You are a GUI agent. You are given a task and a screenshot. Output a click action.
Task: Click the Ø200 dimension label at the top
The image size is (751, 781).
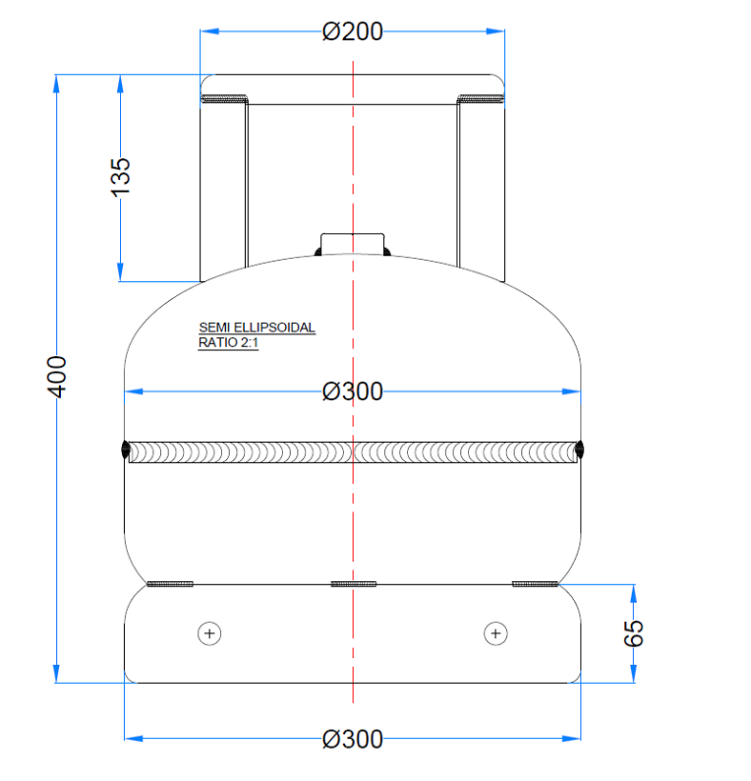353,31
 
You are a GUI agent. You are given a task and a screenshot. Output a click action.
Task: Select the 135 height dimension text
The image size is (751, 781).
121,177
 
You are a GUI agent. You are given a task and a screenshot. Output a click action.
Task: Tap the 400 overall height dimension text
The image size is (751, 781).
57,377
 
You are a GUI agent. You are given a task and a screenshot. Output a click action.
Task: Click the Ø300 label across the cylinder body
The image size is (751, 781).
353,391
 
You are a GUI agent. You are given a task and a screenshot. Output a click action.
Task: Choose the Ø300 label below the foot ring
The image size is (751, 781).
353,739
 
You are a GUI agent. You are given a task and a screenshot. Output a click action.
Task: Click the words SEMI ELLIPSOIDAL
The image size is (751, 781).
256,328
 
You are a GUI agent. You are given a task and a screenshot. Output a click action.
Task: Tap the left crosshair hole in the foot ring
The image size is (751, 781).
210,632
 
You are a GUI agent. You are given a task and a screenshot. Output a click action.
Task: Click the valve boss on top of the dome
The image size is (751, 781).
353,244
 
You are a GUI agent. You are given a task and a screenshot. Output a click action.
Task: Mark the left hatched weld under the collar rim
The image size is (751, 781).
225,98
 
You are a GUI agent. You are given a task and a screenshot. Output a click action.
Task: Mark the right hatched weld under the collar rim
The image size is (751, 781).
480,98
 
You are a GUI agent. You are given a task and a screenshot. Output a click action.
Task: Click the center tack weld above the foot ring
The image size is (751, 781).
353,583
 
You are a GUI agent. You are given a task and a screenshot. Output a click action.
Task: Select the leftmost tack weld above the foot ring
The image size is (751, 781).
171,583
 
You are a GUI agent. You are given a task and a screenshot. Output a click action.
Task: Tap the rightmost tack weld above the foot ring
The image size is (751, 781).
535,583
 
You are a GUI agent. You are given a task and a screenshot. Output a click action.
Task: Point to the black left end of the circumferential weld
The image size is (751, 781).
126,451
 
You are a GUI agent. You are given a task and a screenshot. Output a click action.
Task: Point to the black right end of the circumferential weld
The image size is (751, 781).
579,451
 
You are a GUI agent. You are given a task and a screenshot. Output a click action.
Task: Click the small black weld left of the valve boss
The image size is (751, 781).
317,252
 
